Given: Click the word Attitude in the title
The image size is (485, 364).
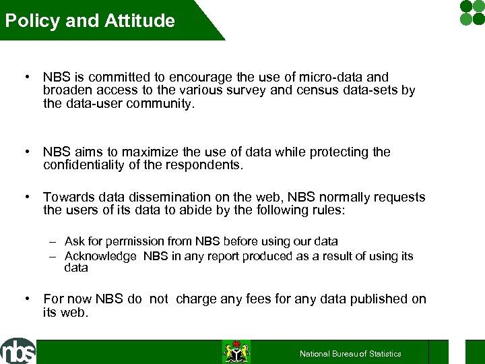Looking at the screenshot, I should [x=139, y=21].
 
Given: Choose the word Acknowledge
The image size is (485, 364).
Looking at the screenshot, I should [x=100, y=256].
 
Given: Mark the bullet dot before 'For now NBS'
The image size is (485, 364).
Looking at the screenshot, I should [x=26, y=299].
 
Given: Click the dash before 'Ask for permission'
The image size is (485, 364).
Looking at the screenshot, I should [x=52, y=241].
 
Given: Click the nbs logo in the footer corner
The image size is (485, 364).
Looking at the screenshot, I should [x=18, y=351].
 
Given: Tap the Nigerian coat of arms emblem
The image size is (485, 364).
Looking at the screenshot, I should [x=236, y=352].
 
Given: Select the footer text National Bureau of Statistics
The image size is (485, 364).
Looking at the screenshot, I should [x=350, y=354].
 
